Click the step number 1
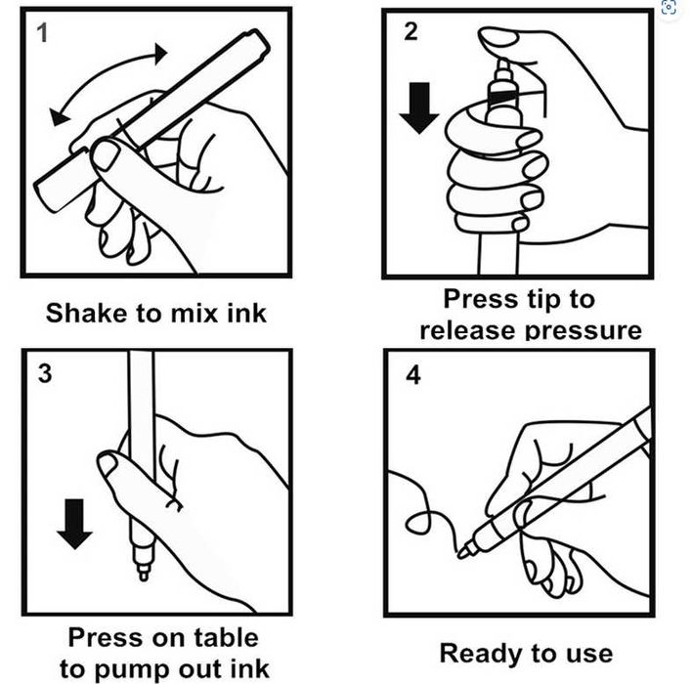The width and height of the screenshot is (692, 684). (x=42, y=32)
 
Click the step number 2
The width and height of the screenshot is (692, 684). (x=411, y=31)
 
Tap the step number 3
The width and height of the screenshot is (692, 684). (x=45, y=373)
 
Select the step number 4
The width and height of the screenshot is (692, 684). (x=413, y=375)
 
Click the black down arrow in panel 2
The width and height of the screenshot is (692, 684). (x=419, y=107)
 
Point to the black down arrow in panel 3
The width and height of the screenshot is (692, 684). (x=74, y=524)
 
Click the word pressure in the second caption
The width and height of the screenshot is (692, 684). (x=584, y=331)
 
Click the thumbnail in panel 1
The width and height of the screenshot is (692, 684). (x=106, y=155)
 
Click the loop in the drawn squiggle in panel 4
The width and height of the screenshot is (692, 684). (x=418, y=524)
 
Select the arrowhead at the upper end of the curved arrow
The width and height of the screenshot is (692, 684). (x=160, y=54)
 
